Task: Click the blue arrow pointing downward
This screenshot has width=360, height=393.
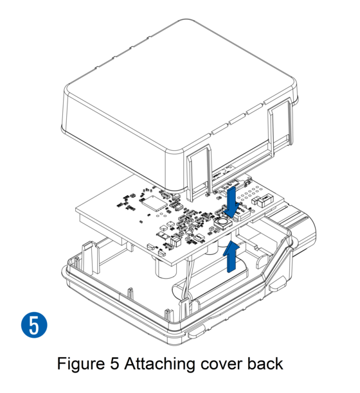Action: pos(231,202)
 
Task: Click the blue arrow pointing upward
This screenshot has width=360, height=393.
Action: pos(231,256)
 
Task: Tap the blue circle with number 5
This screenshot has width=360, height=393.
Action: pos(34,325)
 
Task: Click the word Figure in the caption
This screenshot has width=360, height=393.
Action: pos(81,364)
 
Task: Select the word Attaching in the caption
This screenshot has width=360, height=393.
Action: pos(159,363)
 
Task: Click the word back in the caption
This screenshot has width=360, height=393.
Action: pos(265,363)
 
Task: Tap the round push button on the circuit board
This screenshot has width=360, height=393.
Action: pos(222,222)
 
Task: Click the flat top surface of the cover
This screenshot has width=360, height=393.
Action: pos(179,85)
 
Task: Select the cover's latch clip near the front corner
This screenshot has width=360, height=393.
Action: pos(199,173)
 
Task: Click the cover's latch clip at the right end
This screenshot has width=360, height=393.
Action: pos(280,125)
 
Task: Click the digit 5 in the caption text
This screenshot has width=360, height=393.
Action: pos(114,363)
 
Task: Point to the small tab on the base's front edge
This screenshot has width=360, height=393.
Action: pos(196,333)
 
